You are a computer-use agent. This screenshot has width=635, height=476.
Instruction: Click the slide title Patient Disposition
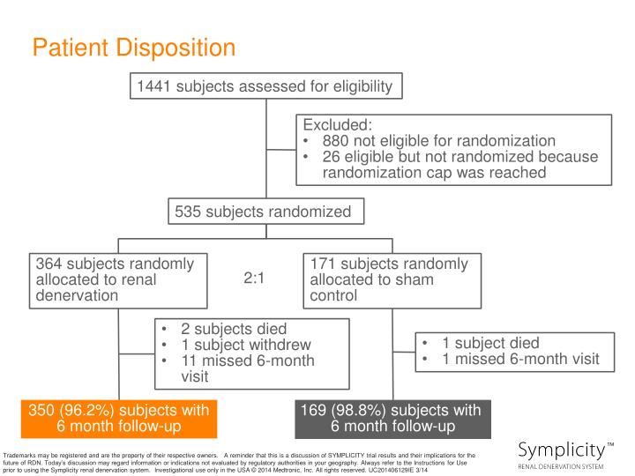pos(134,47)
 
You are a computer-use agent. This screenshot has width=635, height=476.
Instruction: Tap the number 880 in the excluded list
pos(338,141)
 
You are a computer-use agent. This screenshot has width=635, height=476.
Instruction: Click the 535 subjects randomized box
pos(263,212)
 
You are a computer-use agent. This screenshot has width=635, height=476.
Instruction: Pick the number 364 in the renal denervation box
pos(51,264)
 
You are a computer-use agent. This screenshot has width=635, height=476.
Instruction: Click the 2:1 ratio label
pos(254,279)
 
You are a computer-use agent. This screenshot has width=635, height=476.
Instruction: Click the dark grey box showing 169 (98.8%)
pos(392,418)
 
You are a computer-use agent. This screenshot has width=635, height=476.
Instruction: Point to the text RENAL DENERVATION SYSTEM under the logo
pos(560,465)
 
